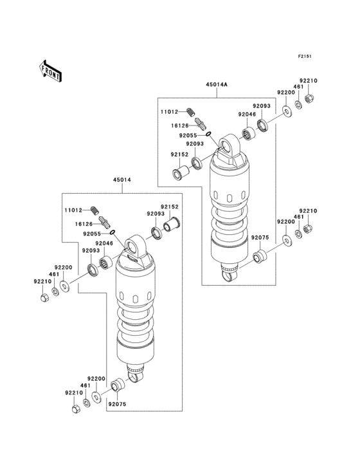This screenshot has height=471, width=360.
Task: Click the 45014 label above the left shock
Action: (x=122, y=180)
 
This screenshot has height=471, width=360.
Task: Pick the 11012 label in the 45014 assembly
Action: (x=73, y=210)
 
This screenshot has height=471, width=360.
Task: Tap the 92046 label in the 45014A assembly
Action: (x=247, y=115)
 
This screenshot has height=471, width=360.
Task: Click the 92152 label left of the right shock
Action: (x=179, y=154)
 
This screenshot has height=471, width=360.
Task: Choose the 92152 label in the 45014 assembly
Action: (x=169, y=207)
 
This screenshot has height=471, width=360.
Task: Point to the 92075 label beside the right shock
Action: (x=260, y=237)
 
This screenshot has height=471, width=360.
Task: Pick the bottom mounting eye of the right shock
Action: (x=226, y=275)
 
